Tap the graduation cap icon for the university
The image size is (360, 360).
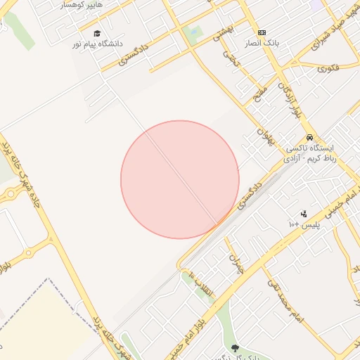tap(97, 33)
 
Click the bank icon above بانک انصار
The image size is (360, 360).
tap(262, 32)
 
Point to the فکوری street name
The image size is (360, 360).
tap(328, 68)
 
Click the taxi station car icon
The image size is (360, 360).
tap(309, 138)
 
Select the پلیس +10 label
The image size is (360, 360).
tap(304, 224)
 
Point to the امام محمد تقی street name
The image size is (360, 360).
tap(285, 298)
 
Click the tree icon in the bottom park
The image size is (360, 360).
tap(234, 348)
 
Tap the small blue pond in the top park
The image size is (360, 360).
tap(191, 31)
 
